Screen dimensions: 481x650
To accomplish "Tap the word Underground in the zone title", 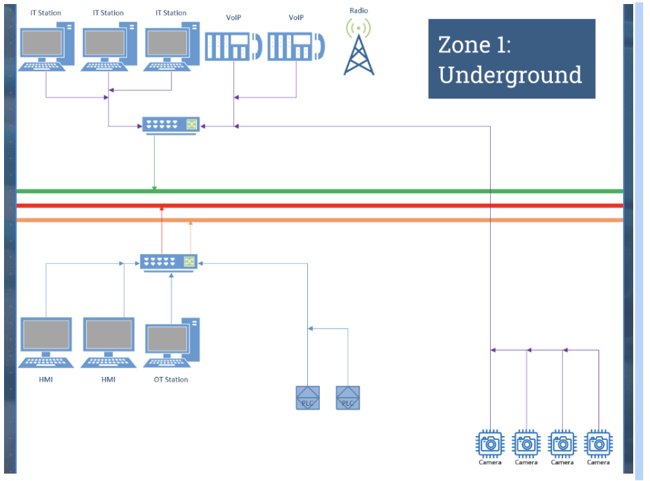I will tap(510, 75).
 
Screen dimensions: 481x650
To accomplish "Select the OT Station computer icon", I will tap(172, 343).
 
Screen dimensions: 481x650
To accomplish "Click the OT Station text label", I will tap(171, 380).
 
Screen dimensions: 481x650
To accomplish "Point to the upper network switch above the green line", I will tap(171, 125).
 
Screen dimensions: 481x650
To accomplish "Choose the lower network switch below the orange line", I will tap(169, 262).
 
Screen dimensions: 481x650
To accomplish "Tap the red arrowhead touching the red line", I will tap(161, 210).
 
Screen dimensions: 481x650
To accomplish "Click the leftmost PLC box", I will tap(308, 398).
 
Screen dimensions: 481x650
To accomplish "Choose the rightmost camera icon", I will tap(598, 444).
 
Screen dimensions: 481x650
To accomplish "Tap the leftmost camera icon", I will tap(490, 444).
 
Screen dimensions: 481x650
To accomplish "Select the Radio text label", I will tap(359, 11).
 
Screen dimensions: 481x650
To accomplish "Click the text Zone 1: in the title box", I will tap(473, 44).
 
